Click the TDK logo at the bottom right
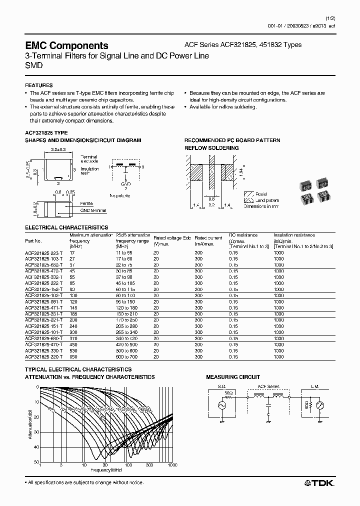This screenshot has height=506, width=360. tap(320, 482)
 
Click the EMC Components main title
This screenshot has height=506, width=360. tap(66, 45)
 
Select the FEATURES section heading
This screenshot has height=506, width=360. tap(38, 85)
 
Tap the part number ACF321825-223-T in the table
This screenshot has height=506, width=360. tap(43, 252)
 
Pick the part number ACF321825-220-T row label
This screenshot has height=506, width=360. tap(43, 357)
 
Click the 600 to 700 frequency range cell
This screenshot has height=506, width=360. tap(126, 357)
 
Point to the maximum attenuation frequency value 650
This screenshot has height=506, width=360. tap(73, 357)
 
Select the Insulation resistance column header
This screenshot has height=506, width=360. tap(294, 234)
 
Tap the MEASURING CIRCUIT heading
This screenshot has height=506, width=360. tap(233, 377)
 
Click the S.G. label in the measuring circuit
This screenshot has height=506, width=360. tap(222, 386)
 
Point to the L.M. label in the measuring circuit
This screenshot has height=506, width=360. tap(314, 386)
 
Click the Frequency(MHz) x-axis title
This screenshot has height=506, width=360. tap(106, 470)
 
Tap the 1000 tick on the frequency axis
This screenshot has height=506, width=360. tap(172, 465)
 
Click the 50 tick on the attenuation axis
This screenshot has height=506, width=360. tap(36, 462)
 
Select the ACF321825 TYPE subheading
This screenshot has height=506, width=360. tap(46, 132)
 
